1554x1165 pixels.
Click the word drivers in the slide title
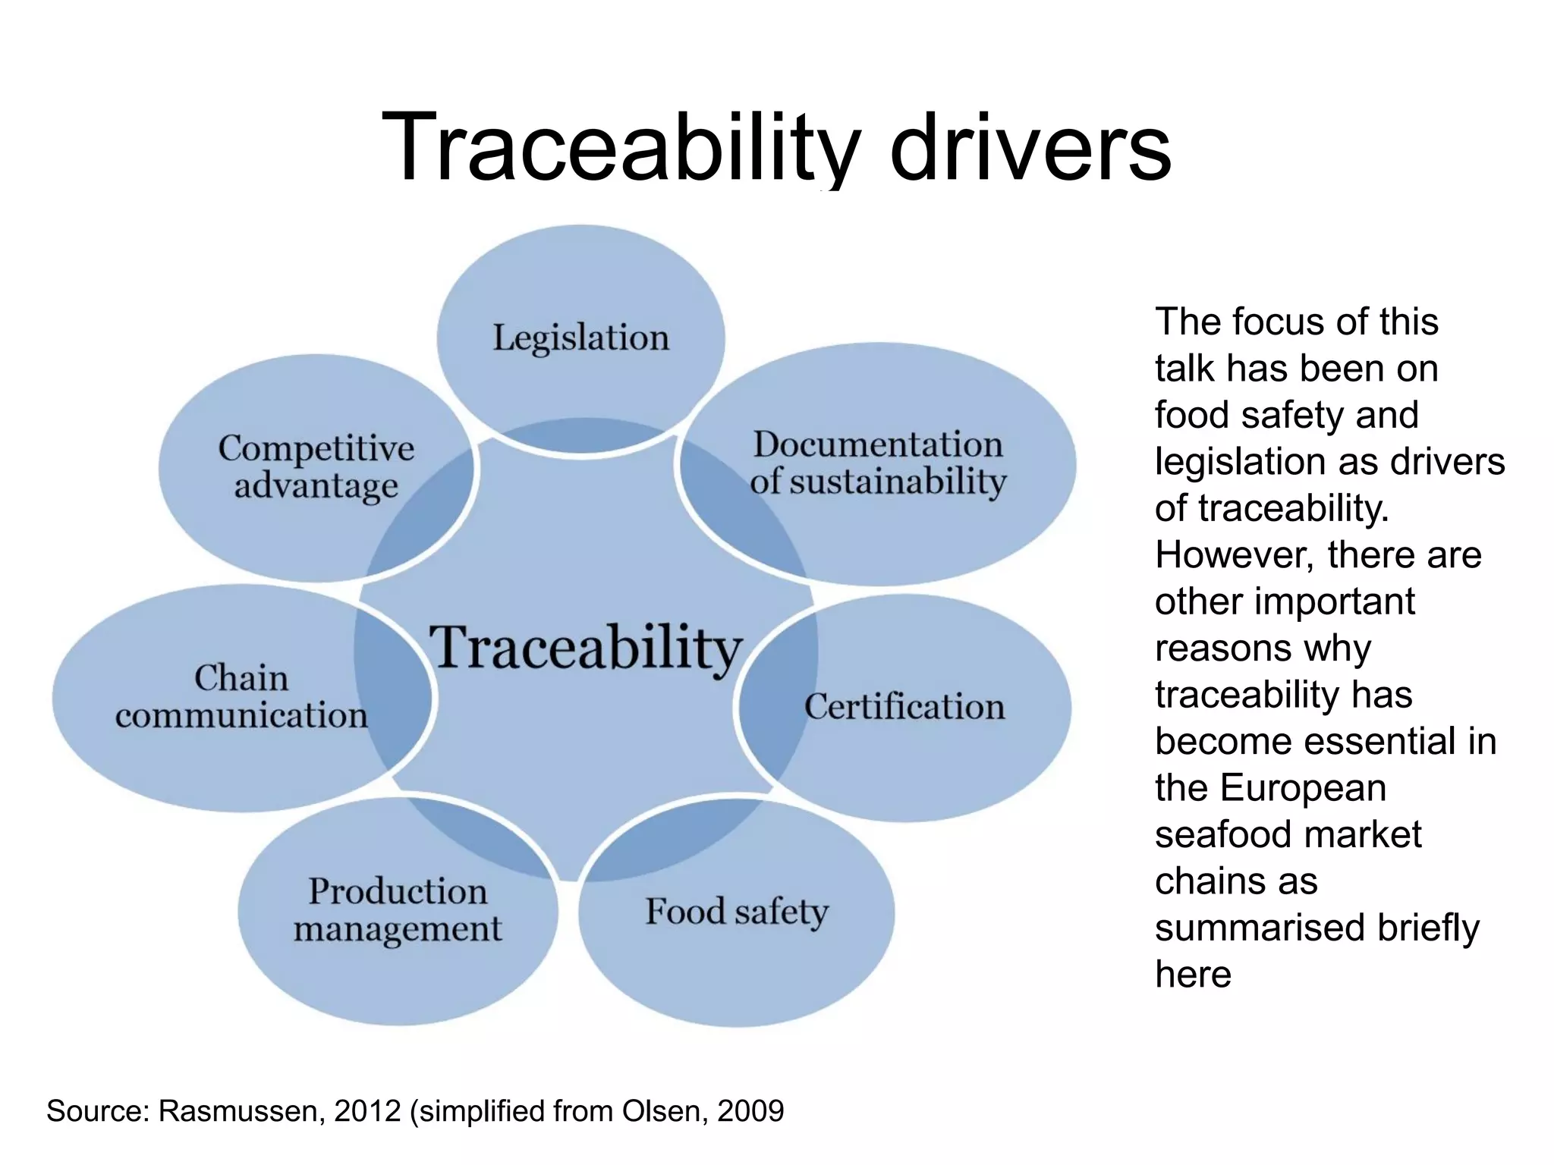(1030, 148)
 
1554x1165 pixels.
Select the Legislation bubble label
(581, 338)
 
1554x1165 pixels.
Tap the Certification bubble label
(904, 707)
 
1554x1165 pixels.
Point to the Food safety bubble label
(737, 912)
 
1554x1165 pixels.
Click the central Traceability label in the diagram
(585, 648)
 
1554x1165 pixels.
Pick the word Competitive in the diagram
(316, 449)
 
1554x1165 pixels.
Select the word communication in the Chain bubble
(241, 715)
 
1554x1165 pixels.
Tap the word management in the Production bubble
(398, 929)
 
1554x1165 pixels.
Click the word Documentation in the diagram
(878, 444)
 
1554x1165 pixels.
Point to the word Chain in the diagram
(241, 678)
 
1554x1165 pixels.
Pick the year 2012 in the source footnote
(367, 1111)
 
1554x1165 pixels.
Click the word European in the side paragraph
(1303, 788)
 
